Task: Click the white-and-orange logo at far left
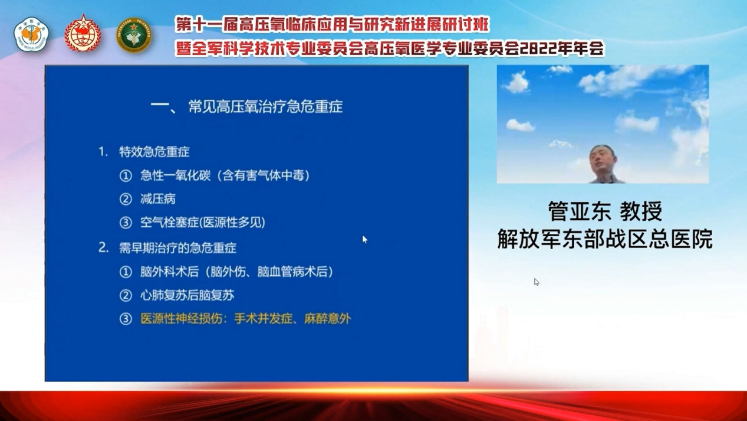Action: click(x=31, y=34)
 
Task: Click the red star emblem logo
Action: click(x=83, y=34)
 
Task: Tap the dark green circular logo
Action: click(x=134, y=35)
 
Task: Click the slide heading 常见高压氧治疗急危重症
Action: click(x=265, y=107)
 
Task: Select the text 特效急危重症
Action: click(x=154, y=152)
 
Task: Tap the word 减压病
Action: click(x=158, y=199)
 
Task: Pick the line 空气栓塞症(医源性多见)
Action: click(x=203, y=223)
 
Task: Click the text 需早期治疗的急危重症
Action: click(x=177, y=248)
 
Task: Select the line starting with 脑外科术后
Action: click(x=237, y=272)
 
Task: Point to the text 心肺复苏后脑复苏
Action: click(x=187, y=295)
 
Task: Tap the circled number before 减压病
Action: click(x=126, y=200)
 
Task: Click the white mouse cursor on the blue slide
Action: click(x=365, y=239)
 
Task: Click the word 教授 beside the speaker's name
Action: click(x=641, y=211)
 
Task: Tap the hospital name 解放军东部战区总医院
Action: click(x=604, y=239)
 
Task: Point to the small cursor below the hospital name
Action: click(x=537, y=282)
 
